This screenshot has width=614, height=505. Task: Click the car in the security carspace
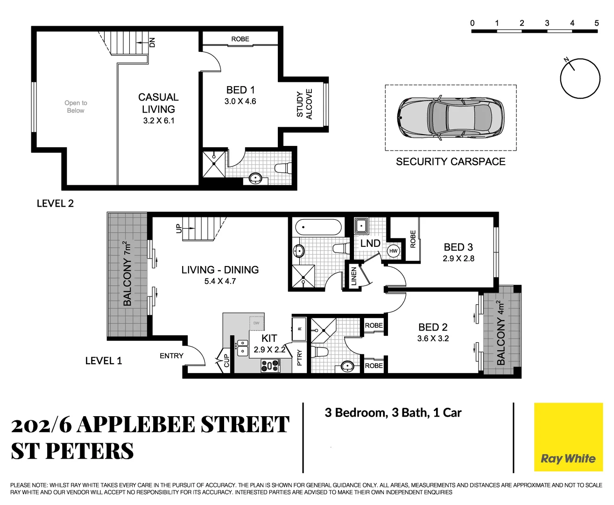[x=451, y=118]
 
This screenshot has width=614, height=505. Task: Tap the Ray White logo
[x=568, y=459]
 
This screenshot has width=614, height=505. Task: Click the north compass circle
[x=580, y=79]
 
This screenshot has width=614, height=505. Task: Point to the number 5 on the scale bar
[x=596, y=23]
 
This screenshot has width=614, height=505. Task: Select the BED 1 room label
[x=240, y=90]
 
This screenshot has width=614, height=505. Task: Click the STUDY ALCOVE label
[x=304, y=104]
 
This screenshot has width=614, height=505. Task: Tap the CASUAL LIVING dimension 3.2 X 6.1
[x=159, y=121]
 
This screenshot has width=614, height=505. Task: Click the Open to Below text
[x=76, y=107]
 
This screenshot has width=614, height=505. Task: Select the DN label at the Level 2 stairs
[x=152, y=42]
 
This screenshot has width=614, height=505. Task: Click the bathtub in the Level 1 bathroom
[x=318, y=228]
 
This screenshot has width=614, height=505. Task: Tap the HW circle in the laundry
[x=394, y=251]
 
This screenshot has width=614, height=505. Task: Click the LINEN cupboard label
[x=353, y=276]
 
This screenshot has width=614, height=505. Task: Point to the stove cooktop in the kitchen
[x=270, y=366]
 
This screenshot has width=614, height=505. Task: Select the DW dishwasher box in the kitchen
[x=256, y=323]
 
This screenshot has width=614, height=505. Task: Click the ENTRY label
[x=171, y=356]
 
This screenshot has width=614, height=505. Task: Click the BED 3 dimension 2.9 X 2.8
[x=458, y=259]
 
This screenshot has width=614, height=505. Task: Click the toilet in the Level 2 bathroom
[x=283, y=168]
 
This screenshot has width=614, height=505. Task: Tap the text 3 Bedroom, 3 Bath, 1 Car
[x=393, y=413]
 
